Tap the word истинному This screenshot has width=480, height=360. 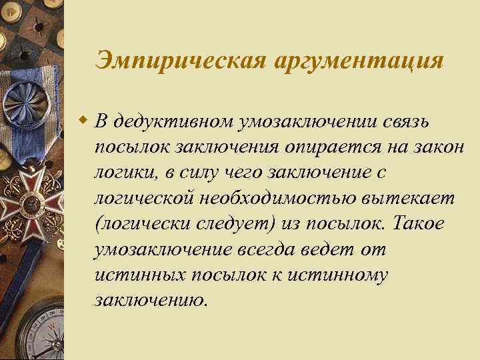tap(331, 274)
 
